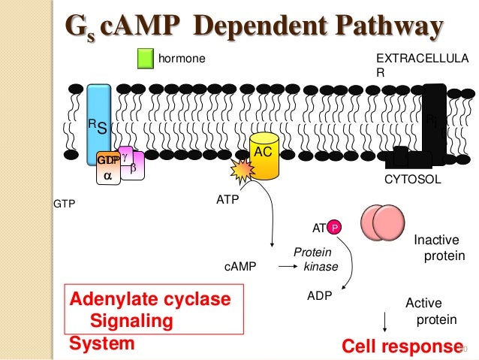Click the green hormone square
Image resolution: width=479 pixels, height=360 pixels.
pyautogui.click(x=146, y=58)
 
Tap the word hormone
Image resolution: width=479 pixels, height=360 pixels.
pyautogui.click(x=181, y=58)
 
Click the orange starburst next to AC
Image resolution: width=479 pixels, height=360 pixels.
pyautogui.click(x=245, y=172)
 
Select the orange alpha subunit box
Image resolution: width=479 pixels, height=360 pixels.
pyautogui.click(x=107, y=170)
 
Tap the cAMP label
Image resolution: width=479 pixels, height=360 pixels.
pyautogui.click(x=239, y=266)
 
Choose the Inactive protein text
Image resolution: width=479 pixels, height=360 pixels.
pyautogui.click(x=439, y=248)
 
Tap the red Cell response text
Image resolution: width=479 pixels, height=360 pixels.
pyautogui.click(x=399, y=346)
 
